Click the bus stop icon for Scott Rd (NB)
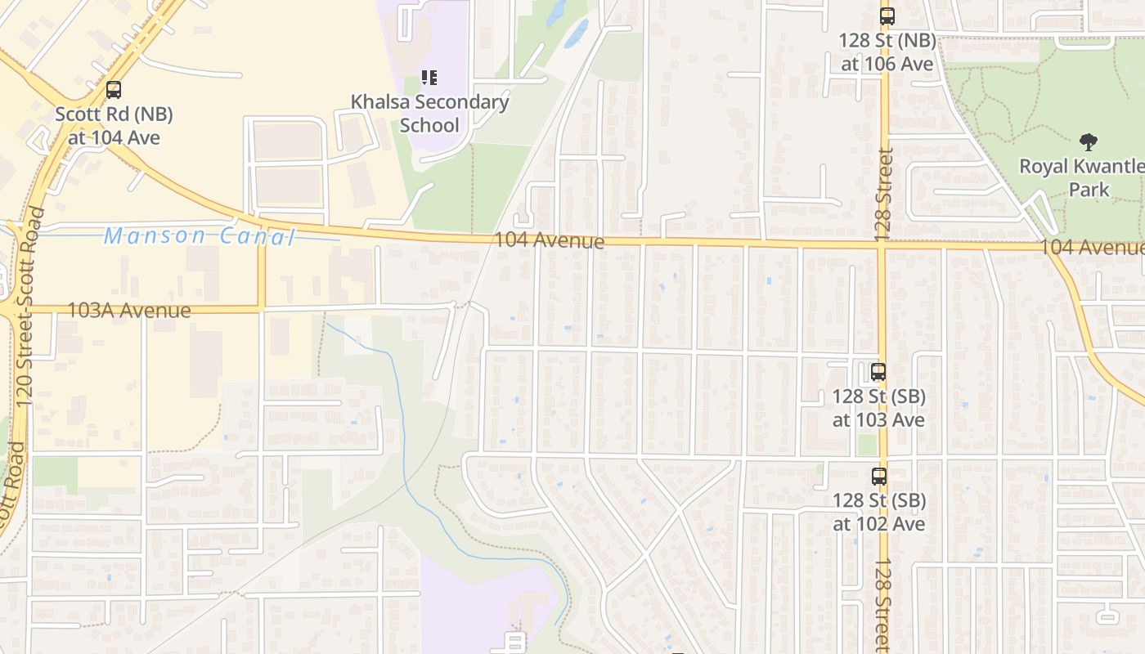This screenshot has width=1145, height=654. click(114, 90)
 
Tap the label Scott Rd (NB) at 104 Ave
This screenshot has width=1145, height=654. click(114, 125)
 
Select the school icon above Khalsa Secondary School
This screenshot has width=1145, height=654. click(429, 78)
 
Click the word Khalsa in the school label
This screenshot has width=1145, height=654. click(380, 102)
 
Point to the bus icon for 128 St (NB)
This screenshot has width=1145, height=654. click(887, 16)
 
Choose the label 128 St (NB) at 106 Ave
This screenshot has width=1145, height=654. click(887, 52)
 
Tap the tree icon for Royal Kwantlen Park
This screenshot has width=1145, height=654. click(1088, 142)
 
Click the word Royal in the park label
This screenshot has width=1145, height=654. click(1044, 167)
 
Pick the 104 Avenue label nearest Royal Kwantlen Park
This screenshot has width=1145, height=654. click(1092, 248)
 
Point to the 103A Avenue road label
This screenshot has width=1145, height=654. click(128, 311)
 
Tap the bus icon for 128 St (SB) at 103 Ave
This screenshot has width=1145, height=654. click(878, 372)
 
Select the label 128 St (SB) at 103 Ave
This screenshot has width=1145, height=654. click(878, 408)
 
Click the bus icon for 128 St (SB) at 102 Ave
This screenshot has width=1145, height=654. click(879, 476)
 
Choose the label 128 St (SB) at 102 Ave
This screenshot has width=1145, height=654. click(879, 512)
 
